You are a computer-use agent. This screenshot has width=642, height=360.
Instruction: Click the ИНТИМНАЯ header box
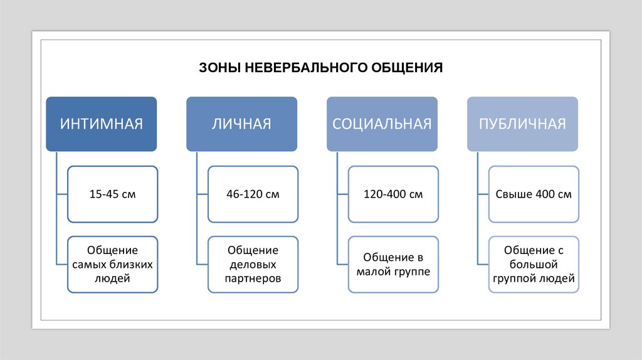[101, 124]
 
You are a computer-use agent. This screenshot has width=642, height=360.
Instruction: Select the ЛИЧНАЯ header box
[241, 124]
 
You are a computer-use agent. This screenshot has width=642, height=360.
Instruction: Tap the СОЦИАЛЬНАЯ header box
[382, 124]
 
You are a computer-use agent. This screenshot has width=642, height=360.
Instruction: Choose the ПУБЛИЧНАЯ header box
[522, 124]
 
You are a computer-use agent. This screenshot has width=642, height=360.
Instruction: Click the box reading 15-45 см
[112, 194]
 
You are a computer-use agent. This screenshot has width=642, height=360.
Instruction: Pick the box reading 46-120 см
[253, 194]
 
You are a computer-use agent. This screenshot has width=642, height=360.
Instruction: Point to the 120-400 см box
[393, 194]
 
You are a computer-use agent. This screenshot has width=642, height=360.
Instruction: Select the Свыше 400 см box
[534, 194]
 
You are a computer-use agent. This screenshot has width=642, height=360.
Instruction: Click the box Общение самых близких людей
[112, 264]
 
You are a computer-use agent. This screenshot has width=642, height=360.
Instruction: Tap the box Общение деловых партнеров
[253, 264]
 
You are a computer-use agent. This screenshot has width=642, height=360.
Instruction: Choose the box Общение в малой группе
[393, 264]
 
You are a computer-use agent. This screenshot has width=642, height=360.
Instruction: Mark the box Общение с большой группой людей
[534, 264]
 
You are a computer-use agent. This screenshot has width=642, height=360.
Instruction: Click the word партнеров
[253, 278]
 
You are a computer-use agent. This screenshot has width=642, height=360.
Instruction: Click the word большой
[534, 264]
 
